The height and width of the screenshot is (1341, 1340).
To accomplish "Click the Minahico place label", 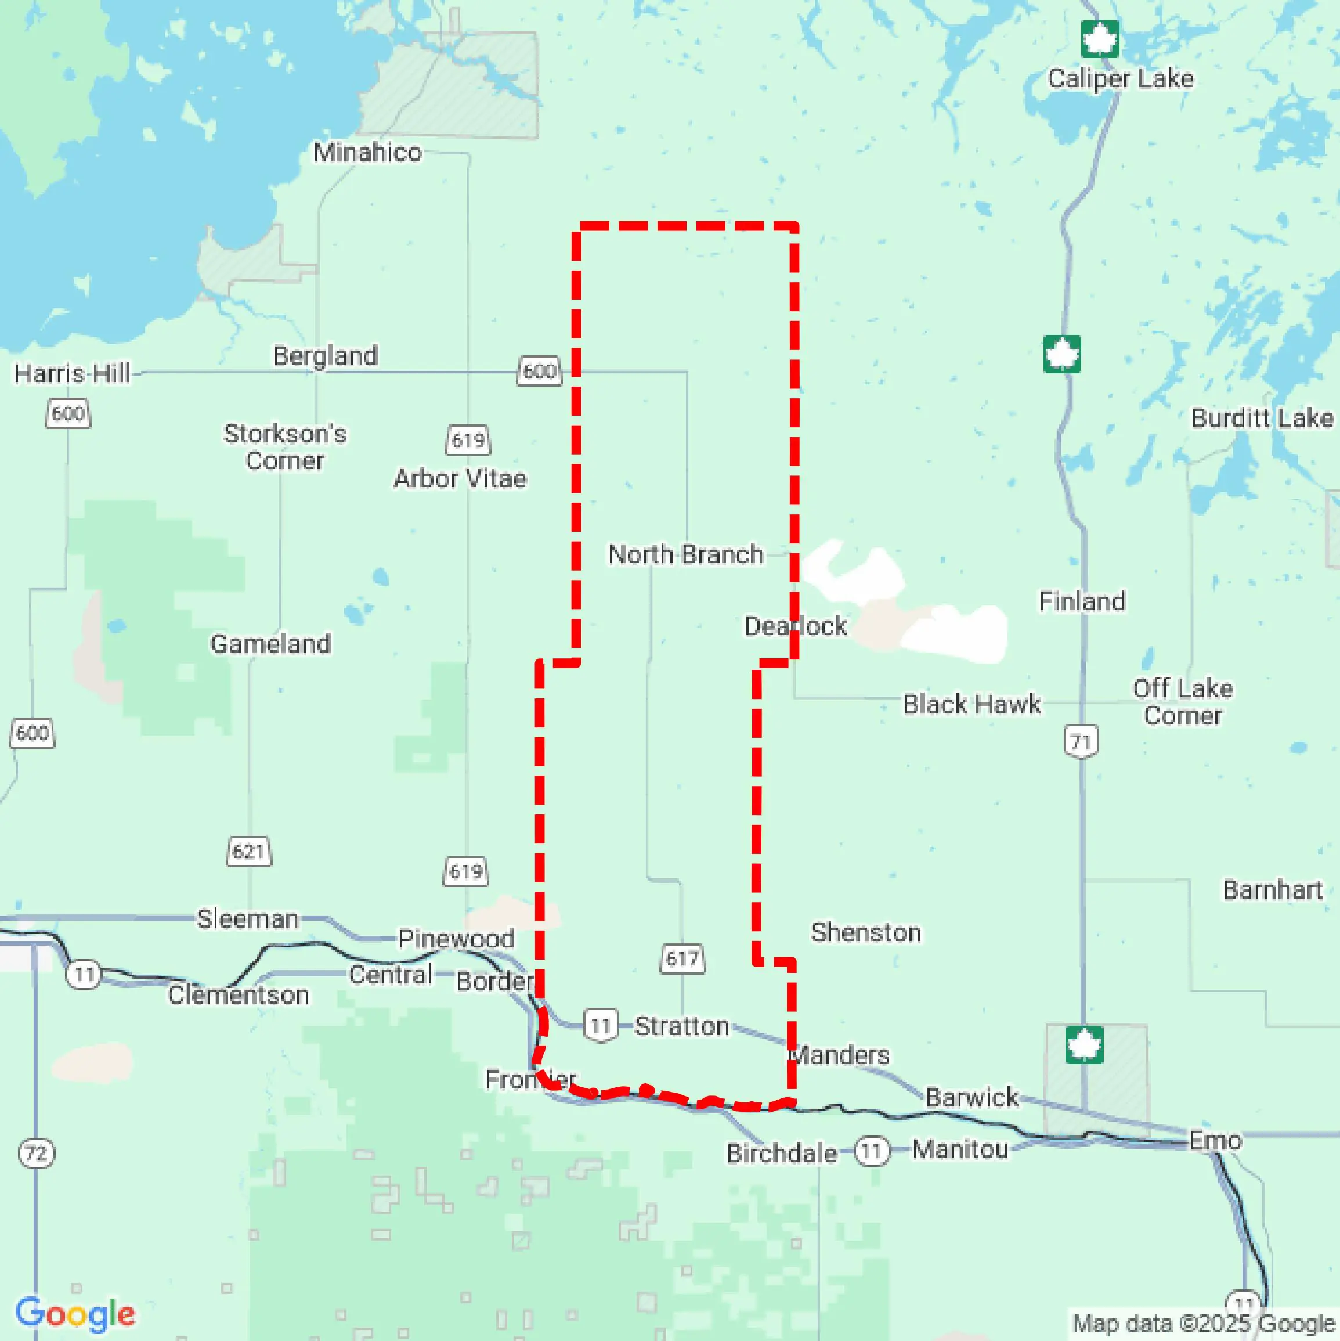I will tap(367, 152).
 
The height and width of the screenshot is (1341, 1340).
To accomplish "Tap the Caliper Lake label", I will tap(1120, 78).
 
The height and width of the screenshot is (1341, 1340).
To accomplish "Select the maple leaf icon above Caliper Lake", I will tap(1100, 39).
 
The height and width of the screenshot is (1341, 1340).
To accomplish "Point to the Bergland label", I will tap(326, 355).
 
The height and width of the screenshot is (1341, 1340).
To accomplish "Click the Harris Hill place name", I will tap(72, 373).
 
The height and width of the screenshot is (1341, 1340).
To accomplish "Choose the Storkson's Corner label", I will tap(284, 447).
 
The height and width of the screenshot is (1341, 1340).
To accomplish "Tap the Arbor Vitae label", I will tap(460, 478).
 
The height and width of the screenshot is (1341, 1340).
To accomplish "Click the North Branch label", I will tap(685, 554).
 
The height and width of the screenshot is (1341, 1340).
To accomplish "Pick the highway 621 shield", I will tap(249, 851).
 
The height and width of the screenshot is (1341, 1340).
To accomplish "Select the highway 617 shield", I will tap(681, 958).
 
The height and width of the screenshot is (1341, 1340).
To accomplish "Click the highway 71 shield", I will tap(1081, 741).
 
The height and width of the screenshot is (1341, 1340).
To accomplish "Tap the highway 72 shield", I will tap(36, 1153).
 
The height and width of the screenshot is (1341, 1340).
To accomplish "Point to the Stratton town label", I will tap(681, 1026).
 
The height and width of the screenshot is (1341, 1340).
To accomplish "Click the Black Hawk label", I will tap(971, 704).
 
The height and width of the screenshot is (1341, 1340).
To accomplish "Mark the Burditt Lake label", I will tap(1262, 418).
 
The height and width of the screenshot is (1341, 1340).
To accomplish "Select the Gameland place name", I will tap(270, 643).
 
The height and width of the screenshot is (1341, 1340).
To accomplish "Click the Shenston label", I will tap(866, 932).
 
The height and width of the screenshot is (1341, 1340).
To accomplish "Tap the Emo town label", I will tap(1215, 1140).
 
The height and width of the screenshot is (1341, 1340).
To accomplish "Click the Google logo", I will tap(75, 1313).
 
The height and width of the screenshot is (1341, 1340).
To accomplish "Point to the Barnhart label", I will tap(1272, 890).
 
